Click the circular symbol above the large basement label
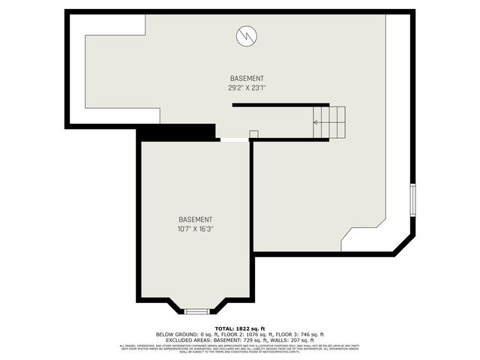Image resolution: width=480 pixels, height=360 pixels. click(247, 35)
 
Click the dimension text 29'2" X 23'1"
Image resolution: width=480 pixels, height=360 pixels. click(247, 88)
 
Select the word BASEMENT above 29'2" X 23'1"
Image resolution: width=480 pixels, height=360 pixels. click(247, 79)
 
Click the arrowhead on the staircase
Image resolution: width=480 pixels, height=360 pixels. click(316, 121)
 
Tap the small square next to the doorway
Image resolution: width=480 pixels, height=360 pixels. click(253, 134)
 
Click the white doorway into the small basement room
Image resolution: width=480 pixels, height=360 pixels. click(232, 139)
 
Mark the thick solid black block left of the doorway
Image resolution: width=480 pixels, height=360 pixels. click(176, 132)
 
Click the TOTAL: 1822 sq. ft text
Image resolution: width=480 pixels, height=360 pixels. click(240, 328)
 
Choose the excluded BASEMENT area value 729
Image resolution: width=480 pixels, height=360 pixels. click(246, 340)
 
